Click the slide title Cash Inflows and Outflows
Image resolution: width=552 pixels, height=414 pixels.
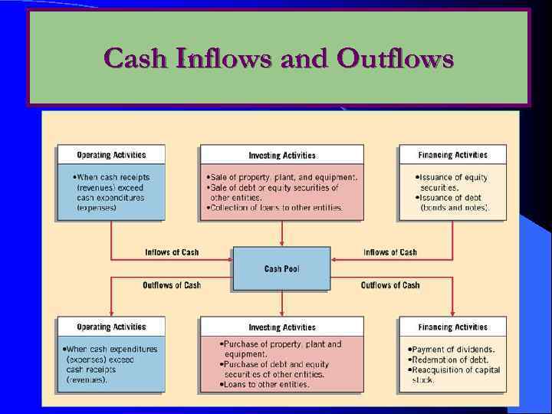point(278,58)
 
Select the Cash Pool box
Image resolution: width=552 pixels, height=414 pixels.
point(281,268)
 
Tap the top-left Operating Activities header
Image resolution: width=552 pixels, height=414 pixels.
point(111,155)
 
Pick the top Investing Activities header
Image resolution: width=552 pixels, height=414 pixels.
point(281,155)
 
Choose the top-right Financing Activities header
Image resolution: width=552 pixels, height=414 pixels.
point(452,155)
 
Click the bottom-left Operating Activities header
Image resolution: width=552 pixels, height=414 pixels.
point(111,327)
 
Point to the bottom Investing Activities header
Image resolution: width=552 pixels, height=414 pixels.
point(281,327)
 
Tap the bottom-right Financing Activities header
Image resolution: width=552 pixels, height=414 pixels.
point(452,327)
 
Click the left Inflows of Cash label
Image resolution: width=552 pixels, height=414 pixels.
point(172,252)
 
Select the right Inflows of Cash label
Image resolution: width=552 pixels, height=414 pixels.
point(390,252)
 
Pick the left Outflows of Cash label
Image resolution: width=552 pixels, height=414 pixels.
point(172,285)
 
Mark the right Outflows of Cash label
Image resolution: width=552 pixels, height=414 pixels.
point(390,285)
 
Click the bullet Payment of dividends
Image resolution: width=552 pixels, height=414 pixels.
point(452,350)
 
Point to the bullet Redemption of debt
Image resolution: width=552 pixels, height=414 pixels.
point(449,360)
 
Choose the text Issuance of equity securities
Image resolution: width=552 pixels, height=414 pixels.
point(452,182)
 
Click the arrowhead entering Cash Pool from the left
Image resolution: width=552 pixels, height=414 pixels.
point(230,259)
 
